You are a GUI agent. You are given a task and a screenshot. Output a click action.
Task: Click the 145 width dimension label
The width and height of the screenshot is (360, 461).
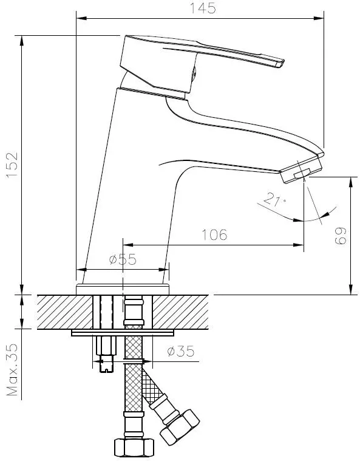(203, 8)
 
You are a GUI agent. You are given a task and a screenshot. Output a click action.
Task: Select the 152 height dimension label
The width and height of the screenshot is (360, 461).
(12, 165)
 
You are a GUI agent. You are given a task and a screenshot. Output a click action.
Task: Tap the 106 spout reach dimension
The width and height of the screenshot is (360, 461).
(214, 234)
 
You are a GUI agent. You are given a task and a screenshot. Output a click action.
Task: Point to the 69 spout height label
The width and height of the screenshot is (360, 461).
(341, 235)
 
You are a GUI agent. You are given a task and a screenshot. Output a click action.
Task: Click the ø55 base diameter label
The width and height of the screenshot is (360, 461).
(123, 259)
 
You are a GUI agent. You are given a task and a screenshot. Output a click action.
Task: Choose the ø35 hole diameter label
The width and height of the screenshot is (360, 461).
(181, 351)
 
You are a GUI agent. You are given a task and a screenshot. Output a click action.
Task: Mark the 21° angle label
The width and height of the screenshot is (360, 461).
(274, 199)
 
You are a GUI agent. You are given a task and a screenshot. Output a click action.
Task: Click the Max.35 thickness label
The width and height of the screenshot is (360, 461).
(12, 369)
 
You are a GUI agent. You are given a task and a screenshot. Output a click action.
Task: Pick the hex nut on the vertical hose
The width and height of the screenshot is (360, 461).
(134, 448)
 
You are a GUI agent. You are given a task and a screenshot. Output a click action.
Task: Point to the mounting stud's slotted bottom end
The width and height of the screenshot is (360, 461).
(106, 368)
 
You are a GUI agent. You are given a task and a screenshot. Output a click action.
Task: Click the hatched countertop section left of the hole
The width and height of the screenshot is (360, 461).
(65, 312)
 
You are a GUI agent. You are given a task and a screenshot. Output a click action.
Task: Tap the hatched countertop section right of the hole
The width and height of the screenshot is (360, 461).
(180, 312)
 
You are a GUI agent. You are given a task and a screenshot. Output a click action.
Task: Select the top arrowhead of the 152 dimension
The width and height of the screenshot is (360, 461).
(21, 41)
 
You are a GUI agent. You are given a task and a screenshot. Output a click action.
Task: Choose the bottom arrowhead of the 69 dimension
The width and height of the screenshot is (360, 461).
(351, 290)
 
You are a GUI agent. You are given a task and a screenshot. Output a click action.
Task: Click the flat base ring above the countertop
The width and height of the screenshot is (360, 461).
(123, 289)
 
